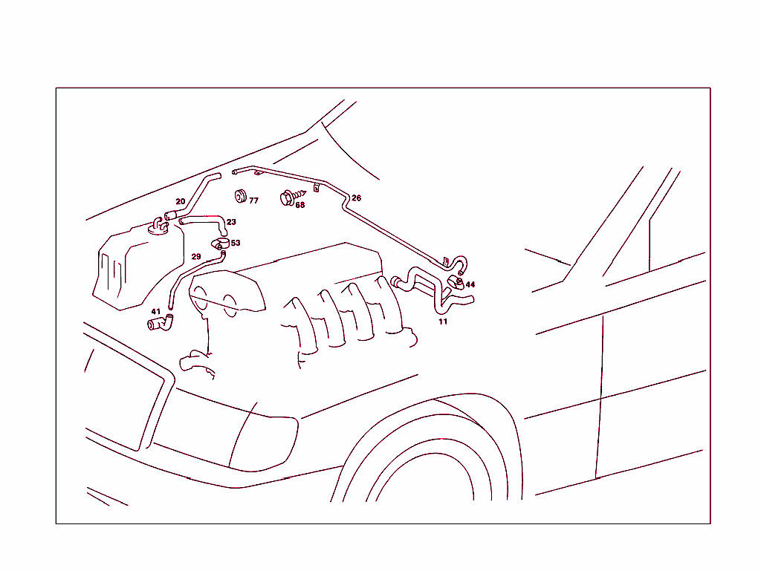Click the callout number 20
[x=180, y=201]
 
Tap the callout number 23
[x=231, y=222]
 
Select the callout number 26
[x=356, y=198]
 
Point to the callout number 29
[x=196, y=256]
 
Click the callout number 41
[x=156, y=312]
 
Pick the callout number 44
[x=470, y=284]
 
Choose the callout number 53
[x=236, y=243]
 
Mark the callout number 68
[x=300, y=205]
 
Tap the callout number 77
[x=253, y=200]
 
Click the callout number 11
[x=443, y=322]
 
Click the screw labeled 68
[x=291, y=197]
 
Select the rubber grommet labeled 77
[x=240, y=196]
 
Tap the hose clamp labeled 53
[x=220, y=244]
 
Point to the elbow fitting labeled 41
[x=161, y=323]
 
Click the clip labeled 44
[x=456, y=282]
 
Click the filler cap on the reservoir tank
[x=158, y=226]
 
